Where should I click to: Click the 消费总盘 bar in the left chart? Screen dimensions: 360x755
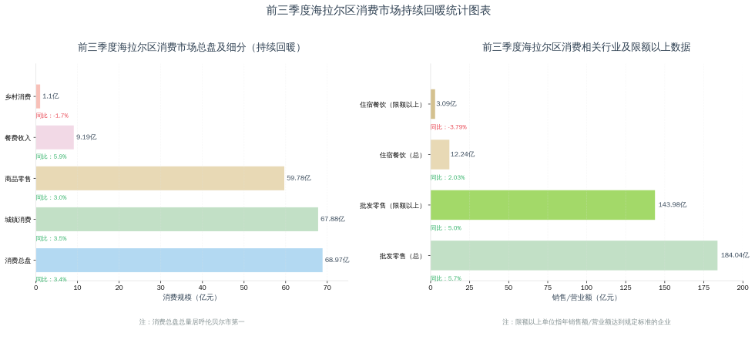[x=179, y=260]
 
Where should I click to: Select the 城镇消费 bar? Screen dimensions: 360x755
[x=176, y=219]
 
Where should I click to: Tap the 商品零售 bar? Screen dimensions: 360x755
[x=159, y=178]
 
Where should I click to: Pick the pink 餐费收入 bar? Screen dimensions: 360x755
[x=55, y=137]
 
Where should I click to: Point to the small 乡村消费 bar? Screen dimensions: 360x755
[x=38, y=96]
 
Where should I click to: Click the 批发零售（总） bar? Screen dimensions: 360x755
[x=573, y=255]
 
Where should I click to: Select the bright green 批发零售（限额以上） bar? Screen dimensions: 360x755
[x=542, y=205]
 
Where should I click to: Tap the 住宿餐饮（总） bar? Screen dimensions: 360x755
[x=440, y=154]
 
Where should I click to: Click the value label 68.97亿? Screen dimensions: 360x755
[x=337, y=260]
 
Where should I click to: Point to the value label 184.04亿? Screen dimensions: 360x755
[x=735, y=255]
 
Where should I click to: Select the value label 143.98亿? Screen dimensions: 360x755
[x=672, y=205]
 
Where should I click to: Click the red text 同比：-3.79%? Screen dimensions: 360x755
[x=448, y=127]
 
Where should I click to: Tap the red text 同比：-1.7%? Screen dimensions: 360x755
[x=52, y=116]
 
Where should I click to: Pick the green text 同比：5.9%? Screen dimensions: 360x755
[x=51, y=156]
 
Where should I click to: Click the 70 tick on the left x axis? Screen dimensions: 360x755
[x=327, y=288]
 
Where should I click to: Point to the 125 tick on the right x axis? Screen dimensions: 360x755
[x=626, y=288]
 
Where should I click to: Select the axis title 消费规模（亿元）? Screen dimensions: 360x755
[x=190, y=298]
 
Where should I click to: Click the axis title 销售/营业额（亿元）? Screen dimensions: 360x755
[x=586, y=298]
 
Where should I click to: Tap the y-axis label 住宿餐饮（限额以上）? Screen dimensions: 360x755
[x=391, y=104]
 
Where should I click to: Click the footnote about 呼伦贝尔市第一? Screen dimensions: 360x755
[x=192, y=321]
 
